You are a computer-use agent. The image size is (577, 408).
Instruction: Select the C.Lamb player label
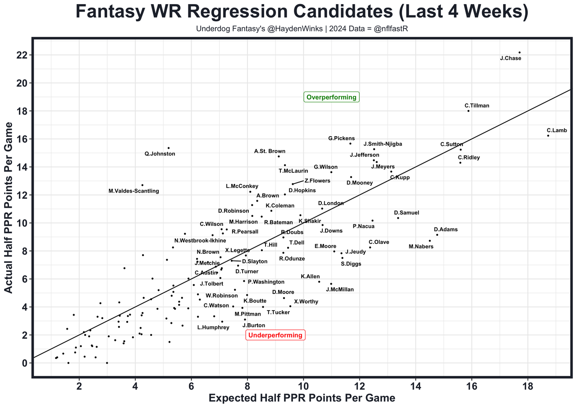pyautogui.click(x=557, y=130)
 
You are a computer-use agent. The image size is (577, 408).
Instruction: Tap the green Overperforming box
pyautogui.click(x=331, y=97)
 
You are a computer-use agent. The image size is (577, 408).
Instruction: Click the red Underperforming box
pyautogui.click(x=275, y=335)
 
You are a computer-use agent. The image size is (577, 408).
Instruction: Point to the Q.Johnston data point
pyautogui.click(x=169, y=148)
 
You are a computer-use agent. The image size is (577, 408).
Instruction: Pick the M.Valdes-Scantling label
pyautogui.click(x=134, y=191)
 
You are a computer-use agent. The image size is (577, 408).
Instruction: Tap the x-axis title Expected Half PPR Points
pyautogui.click(x=302, y=398)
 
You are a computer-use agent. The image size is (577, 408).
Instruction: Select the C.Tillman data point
pyautogui.click(x=468, y=111)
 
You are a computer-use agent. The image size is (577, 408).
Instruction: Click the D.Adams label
pyautogui.click(x=445, y=229)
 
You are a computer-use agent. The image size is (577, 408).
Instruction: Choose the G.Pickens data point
pyautogui.click(x=350, y=143)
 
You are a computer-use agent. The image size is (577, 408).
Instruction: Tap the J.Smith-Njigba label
pyautogui.click(x=383, y=144)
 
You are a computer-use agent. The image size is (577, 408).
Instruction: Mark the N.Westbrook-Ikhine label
pyautogui.click(x=200, y=241)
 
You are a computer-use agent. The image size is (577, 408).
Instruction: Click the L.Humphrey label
pyautogui.click(x=213, y=327)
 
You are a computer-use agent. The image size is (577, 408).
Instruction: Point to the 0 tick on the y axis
pyautogui.click(x=23, y=363)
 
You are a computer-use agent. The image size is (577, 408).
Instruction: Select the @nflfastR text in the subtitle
pyautogui.click(x=394, y=29)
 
